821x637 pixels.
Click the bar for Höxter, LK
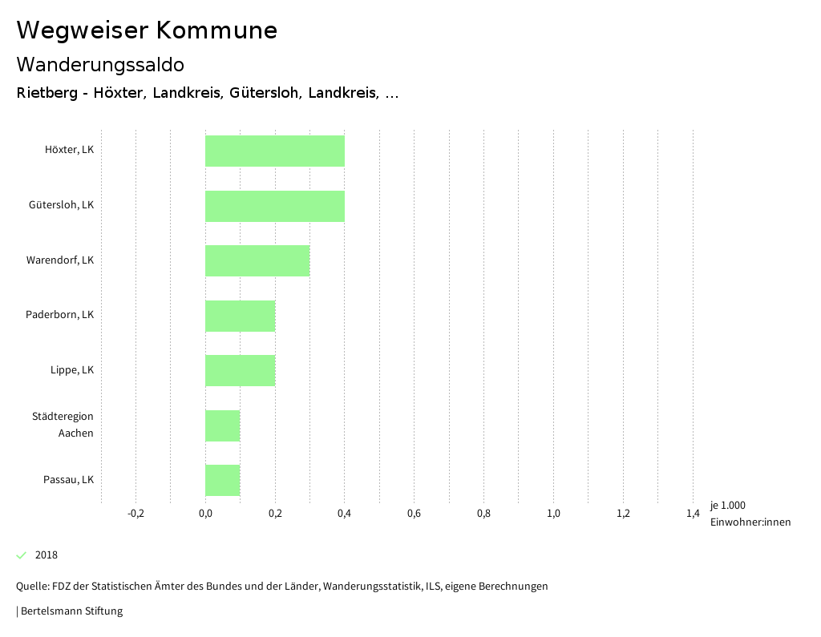pos(275,151)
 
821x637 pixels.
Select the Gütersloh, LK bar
pos(275,206)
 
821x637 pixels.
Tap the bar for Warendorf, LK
pos(257,260)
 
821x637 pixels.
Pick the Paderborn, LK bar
pos(240,316)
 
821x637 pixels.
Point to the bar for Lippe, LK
pos(240,370)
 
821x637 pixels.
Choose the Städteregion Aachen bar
pos(223,425)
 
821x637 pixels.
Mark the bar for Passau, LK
pos(223,480)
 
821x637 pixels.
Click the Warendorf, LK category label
pos(60,260)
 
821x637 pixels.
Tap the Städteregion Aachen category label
pos(63,425)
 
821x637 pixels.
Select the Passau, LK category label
pos(68,480)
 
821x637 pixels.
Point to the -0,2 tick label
pos(135,514)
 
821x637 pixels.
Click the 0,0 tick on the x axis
pos(205,514)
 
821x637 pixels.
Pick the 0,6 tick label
pos(414,514)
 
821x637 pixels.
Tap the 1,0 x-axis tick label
pos(553,514)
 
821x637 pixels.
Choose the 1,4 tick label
pos(693,514)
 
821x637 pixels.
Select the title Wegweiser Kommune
pos(147,30)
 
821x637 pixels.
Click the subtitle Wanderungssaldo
pos(100,64)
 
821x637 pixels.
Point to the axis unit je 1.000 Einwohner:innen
pos(750,514)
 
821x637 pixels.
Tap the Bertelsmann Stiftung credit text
pos(71,611)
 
